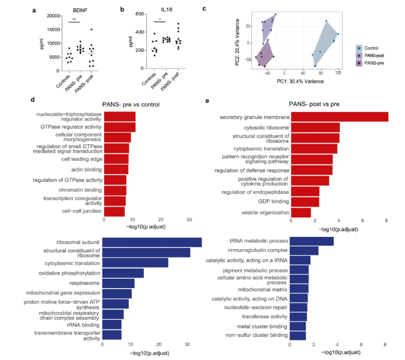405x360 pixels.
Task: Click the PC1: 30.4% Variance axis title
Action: pos(301,81)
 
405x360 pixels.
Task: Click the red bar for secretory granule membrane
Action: pos(339,117)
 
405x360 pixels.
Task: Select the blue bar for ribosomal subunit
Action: pos(152,242)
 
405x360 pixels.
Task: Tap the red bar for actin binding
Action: pos(116,169)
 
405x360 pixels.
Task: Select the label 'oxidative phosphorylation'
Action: pos(70,273)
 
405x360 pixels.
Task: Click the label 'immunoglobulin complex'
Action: pos(256,251)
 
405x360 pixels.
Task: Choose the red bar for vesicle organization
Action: pos(301,212)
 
